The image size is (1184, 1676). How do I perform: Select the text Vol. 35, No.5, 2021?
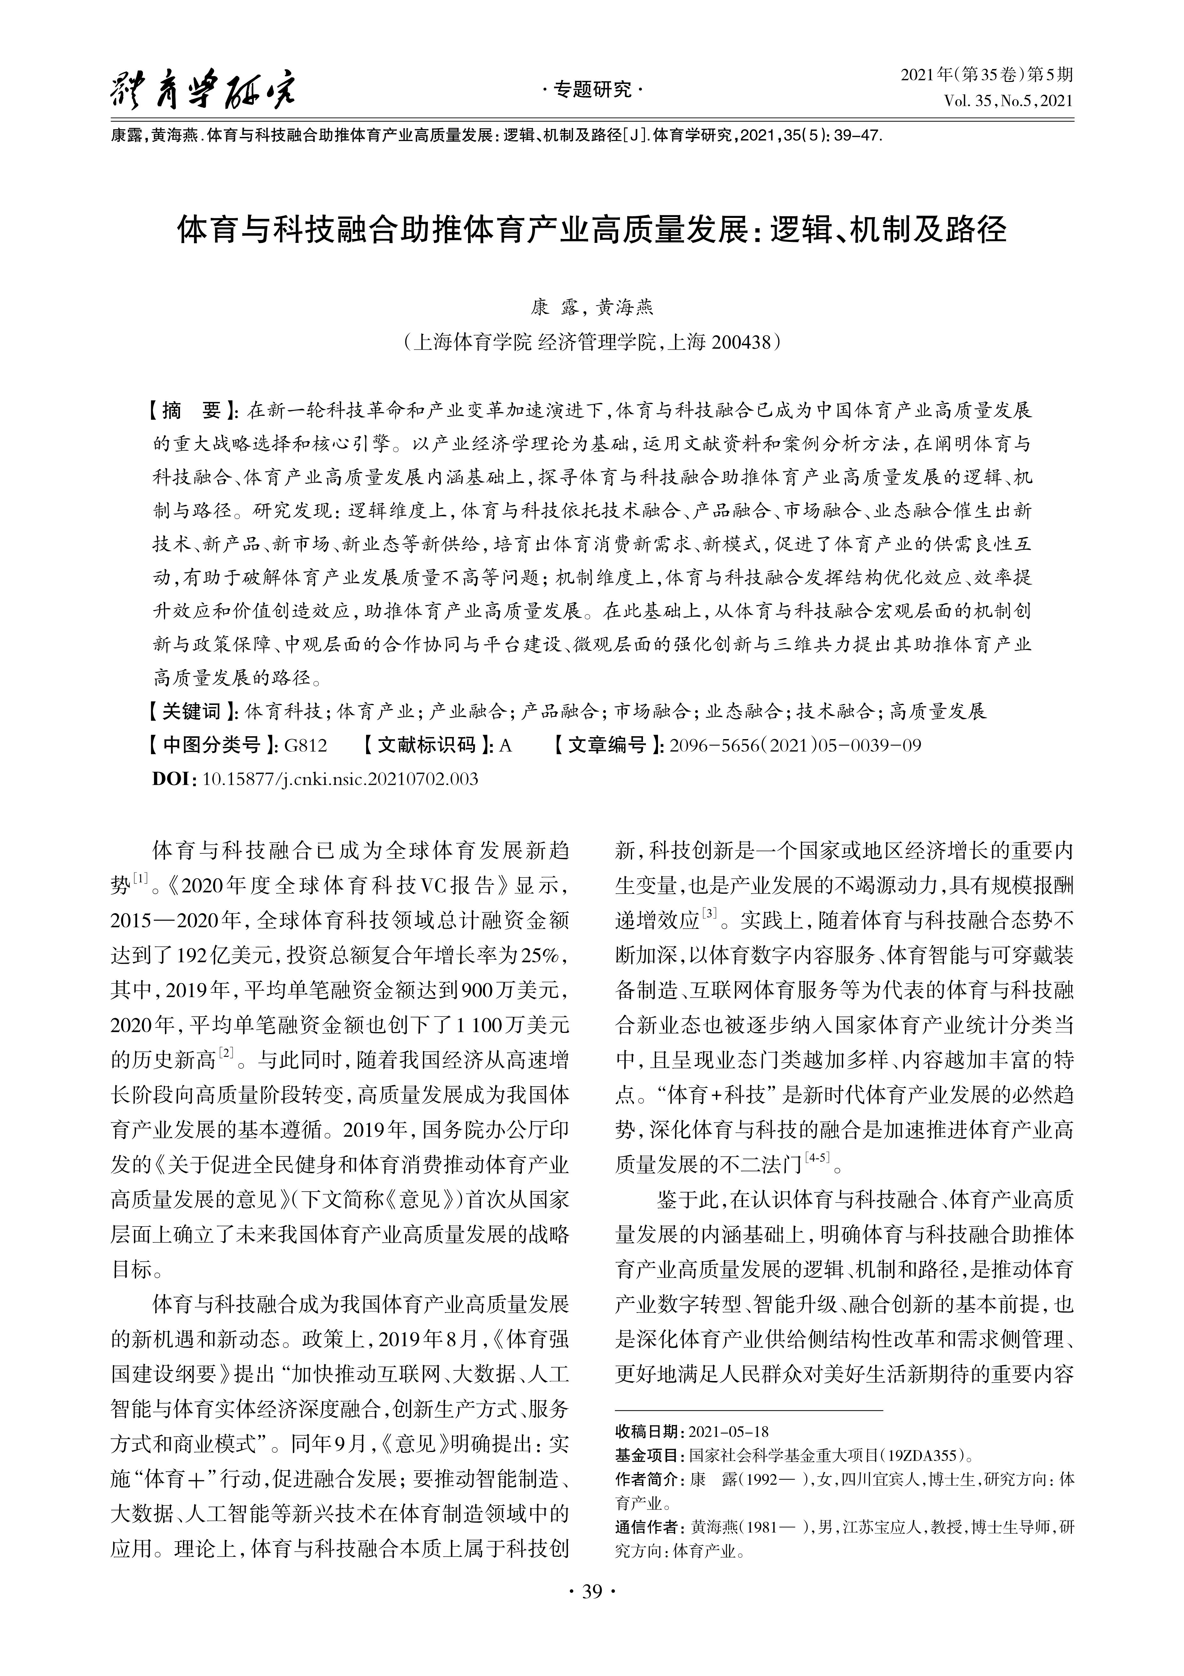pyautogui.click(x=1008, y=101)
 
